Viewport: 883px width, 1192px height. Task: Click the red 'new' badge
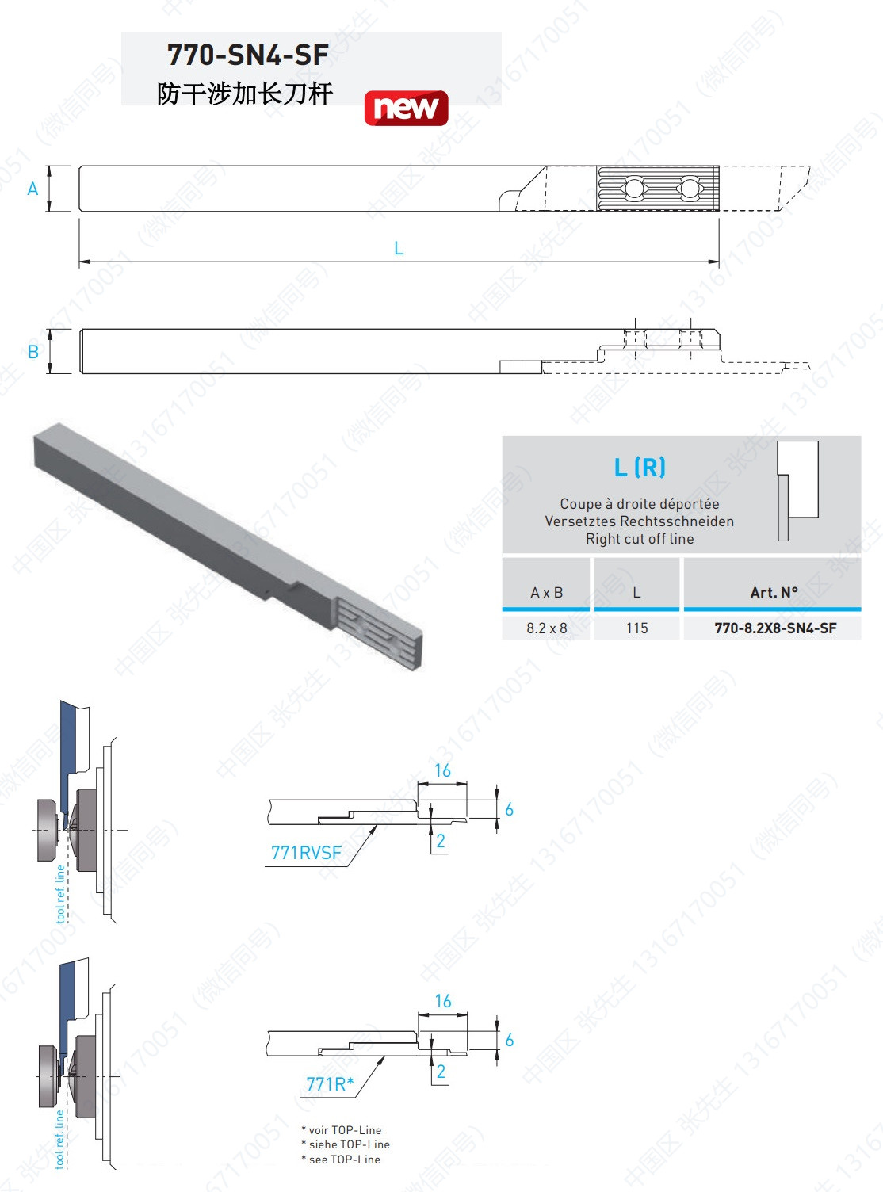point(407,108)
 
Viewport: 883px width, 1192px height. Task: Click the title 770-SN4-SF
point(248,55)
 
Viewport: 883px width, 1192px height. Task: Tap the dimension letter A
point(32,189)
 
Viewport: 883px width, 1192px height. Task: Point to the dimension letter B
point(32,352)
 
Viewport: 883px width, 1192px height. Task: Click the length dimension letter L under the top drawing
point(399,248)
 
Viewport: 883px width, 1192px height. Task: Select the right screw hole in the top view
point(689,188)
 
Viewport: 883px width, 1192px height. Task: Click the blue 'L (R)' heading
point(640,467)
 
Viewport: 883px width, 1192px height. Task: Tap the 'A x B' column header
point(547,592)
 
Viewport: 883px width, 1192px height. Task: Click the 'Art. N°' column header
point(774,592)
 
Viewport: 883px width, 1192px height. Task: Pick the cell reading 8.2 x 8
point(547,628)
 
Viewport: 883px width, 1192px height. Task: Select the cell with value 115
point(636,628)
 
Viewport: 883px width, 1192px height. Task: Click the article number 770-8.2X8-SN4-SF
point(775,628)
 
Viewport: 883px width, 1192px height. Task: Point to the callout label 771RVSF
point(306,853)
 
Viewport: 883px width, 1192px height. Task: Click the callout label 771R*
point(330,1084)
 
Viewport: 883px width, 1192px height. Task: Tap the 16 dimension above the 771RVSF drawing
point(442,770)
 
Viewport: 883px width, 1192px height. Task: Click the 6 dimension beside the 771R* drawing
point(509,1040)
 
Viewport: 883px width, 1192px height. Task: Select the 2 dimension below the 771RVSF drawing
point(441,841)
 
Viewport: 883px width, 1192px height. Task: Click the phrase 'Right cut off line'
point(640,538)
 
